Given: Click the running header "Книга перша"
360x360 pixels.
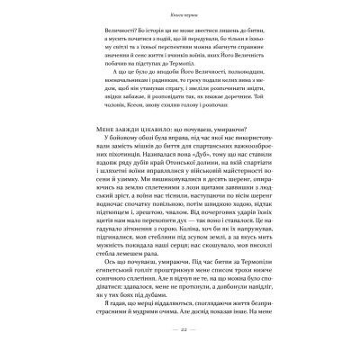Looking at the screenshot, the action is [180, 17].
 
